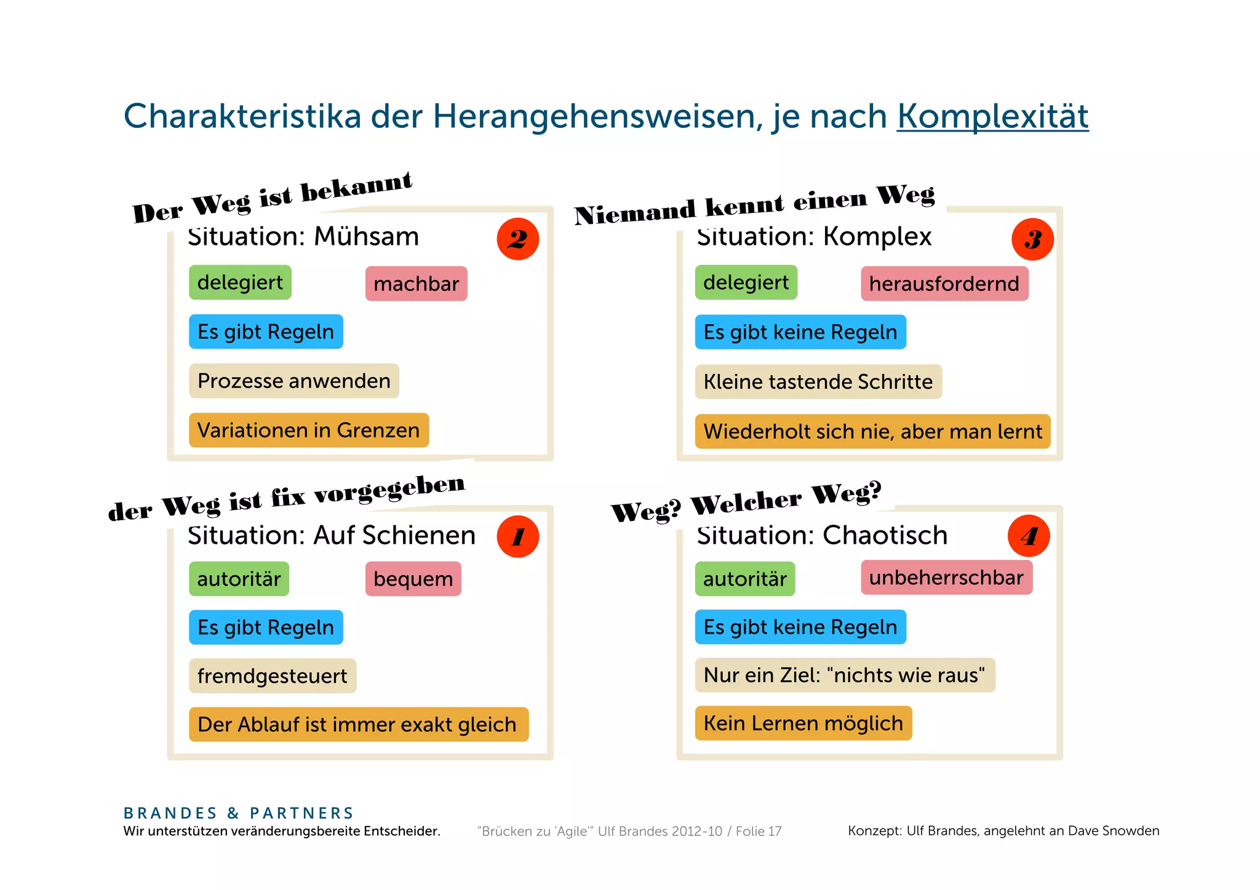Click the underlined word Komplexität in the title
(992, 116)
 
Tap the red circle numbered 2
(517, 239)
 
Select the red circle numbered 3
(1032, 239)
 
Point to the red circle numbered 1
(517, 536)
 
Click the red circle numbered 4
(1029, 536)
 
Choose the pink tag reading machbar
(416, 284)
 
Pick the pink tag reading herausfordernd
(944, 284)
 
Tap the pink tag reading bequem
(413, 579)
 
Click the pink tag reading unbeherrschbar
(946, 578)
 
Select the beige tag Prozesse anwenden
(293, 381)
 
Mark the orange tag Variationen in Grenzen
(308, 430)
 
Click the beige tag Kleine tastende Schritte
(818, 381)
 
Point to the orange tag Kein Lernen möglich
(803, 723)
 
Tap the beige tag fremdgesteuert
(272, 676)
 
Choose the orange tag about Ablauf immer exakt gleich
(357, 725)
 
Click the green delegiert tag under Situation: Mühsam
(240, 282)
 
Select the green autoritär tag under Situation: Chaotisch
(744, 579)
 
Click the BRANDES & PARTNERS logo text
(239, 813)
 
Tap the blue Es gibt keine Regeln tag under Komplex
(800, 332)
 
